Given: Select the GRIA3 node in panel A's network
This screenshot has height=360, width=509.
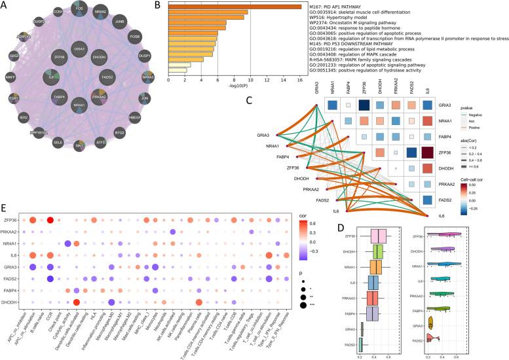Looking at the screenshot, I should pyautogui.click(x=79, y=50).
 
